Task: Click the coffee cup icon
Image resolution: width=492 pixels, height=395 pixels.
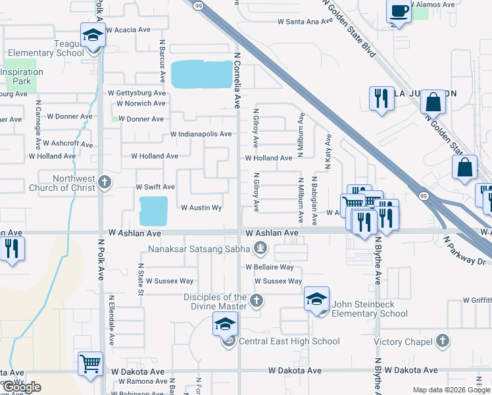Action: tap(399, 11)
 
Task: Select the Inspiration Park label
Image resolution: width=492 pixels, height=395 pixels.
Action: tap(22, 77)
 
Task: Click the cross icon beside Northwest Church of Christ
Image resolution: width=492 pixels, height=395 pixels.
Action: tap(105, 182)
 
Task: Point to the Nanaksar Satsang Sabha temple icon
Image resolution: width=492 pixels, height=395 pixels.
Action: tap(260, 248)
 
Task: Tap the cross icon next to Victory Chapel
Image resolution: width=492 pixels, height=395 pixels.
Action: tap(443, 341)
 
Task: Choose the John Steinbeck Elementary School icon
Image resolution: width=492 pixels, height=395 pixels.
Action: tap(316, 300)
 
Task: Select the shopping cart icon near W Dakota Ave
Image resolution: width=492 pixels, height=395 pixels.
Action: tap(90, 363)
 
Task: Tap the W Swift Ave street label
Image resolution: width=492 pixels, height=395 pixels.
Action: tap(155, 187)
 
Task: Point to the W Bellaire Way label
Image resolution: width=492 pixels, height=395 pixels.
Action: tap(269, 267)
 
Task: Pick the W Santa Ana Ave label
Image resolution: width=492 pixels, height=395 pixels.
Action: tap(306, 22)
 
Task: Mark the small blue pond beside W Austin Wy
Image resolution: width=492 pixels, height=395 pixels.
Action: tap(154, 211)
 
